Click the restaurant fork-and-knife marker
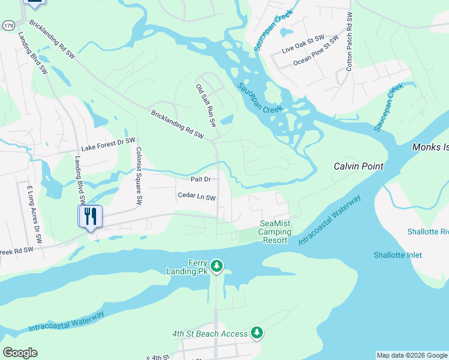pos(90,216)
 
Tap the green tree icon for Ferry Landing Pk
pos(217,265)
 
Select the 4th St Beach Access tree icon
pos(257,332)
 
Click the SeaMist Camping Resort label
pos(275,232)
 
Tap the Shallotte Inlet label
pos(397,255)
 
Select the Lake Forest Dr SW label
pos(109,144)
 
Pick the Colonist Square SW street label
pos(139,175)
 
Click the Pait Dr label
pos(200,179)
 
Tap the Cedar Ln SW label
pos(196,196)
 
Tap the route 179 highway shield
pos(8,25)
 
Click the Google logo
pos(20,353)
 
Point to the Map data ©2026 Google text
pos(411,355)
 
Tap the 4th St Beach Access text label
pos(209,334)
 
